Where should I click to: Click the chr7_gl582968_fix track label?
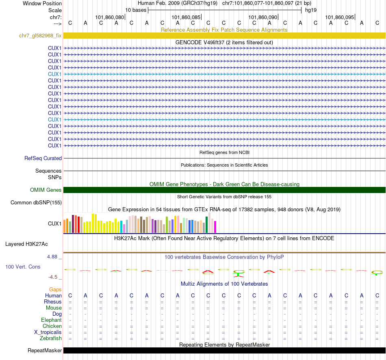pos(40,36)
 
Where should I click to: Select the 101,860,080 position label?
pos(110,17)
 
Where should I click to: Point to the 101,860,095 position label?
pos(340,17)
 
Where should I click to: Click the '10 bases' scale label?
pos(136,10)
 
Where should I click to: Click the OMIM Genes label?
pos(46,190)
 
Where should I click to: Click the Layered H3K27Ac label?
pos(26,244)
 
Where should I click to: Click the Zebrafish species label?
pos(51,338)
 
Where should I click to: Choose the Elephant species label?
pos(52,320)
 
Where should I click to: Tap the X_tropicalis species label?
pos(48,332)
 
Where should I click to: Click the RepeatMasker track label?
pos(45,351)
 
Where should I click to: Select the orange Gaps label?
pos(56,289)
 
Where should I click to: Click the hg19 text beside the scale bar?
pos(311,10)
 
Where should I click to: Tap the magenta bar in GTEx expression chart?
pos(215,227)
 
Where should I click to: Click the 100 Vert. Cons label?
pos(23,267)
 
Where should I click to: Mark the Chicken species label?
pos(52,326)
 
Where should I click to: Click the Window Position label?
pos(42,3)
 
